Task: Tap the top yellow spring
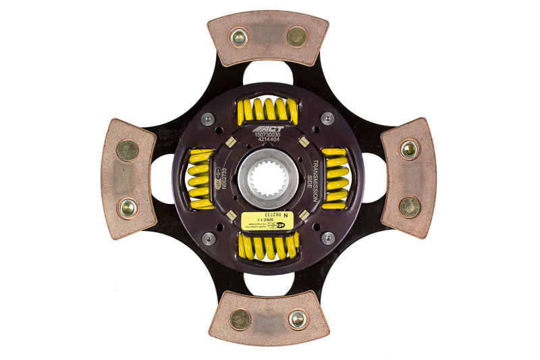(268, 109)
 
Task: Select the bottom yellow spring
(268, 247)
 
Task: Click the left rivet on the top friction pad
(239, 38)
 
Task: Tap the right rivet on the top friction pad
(296, 36)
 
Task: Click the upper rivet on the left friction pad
(128, 150)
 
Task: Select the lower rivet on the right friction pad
(409, 206)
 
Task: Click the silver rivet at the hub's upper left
(209, 119)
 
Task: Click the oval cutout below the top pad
(268, 72)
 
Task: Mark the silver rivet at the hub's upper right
(327, 119)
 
